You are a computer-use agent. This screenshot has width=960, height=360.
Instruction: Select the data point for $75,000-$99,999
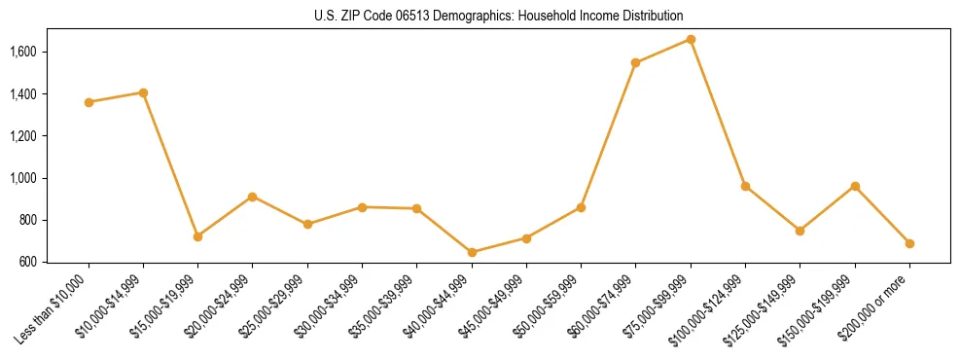click(691, 39)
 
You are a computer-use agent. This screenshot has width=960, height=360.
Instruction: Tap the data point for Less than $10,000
click(89, 102)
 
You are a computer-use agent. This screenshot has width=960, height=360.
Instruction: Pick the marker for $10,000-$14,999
click(143, 92)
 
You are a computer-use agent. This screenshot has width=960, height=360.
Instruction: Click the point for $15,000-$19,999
click(197, 236)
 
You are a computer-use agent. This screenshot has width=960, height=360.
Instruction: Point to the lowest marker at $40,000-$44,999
click(472, 252)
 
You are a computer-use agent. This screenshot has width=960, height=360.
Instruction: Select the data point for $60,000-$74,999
click(635, 62)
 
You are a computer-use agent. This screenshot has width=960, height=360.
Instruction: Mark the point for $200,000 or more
click(909, 243)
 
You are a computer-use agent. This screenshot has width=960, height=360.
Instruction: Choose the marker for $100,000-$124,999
click(745, 186)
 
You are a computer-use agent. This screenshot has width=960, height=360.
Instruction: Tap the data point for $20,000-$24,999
click(252, 197)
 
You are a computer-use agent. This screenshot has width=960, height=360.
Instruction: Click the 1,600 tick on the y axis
click(21, 52)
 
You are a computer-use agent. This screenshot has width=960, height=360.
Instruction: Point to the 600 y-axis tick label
click(27, 262)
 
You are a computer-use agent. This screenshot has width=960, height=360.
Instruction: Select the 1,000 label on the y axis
click(21, 178)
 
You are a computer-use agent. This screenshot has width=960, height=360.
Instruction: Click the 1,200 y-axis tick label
click(21, 136)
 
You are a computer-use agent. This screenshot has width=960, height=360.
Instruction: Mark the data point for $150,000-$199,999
click(855, 186)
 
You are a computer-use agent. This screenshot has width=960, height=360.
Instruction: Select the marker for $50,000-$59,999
click(581, 207)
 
